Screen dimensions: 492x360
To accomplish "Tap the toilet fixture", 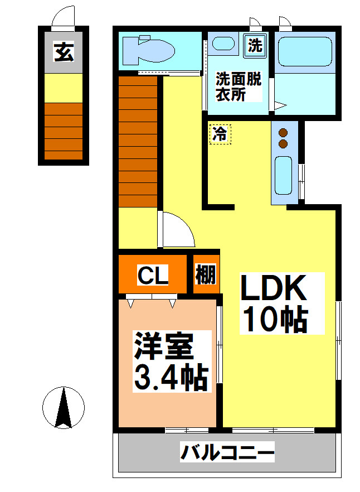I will pos(147,49).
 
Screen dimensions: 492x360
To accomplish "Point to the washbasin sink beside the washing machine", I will pos(224,44).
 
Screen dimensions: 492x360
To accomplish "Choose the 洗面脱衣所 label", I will pos(239,87).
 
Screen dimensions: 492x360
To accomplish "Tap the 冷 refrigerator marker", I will pos(220,134).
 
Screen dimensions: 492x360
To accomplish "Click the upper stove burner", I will pos(283,133).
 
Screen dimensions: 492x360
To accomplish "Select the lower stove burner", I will pos(283,144).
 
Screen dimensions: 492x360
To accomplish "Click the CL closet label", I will pos(153,275).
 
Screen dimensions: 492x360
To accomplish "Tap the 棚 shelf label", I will pos(206,275).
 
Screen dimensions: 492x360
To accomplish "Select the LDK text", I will pos(274,290).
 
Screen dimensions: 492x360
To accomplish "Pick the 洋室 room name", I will pos(163,348).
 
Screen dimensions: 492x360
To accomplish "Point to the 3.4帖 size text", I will pos(171,378).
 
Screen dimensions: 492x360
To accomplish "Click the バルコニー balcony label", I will pos(227,452).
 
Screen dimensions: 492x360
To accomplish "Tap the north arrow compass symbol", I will pos(64,408).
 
